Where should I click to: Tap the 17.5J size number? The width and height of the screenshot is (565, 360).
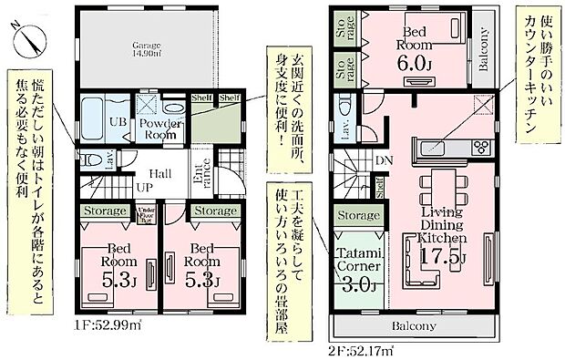pos(443,258)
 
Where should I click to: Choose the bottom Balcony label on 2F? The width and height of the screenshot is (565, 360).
pos(414,325)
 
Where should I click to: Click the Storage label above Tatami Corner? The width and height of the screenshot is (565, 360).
pos(357,215)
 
